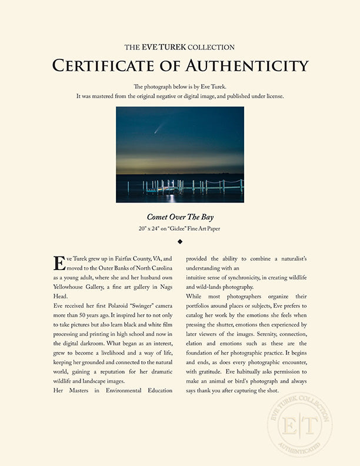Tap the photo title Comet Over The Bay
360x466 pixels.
tap(179, 217)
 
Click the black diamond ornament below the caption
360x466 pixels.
tap(180, 241)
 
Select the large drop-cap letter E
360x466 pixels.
tap(59, 262)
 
